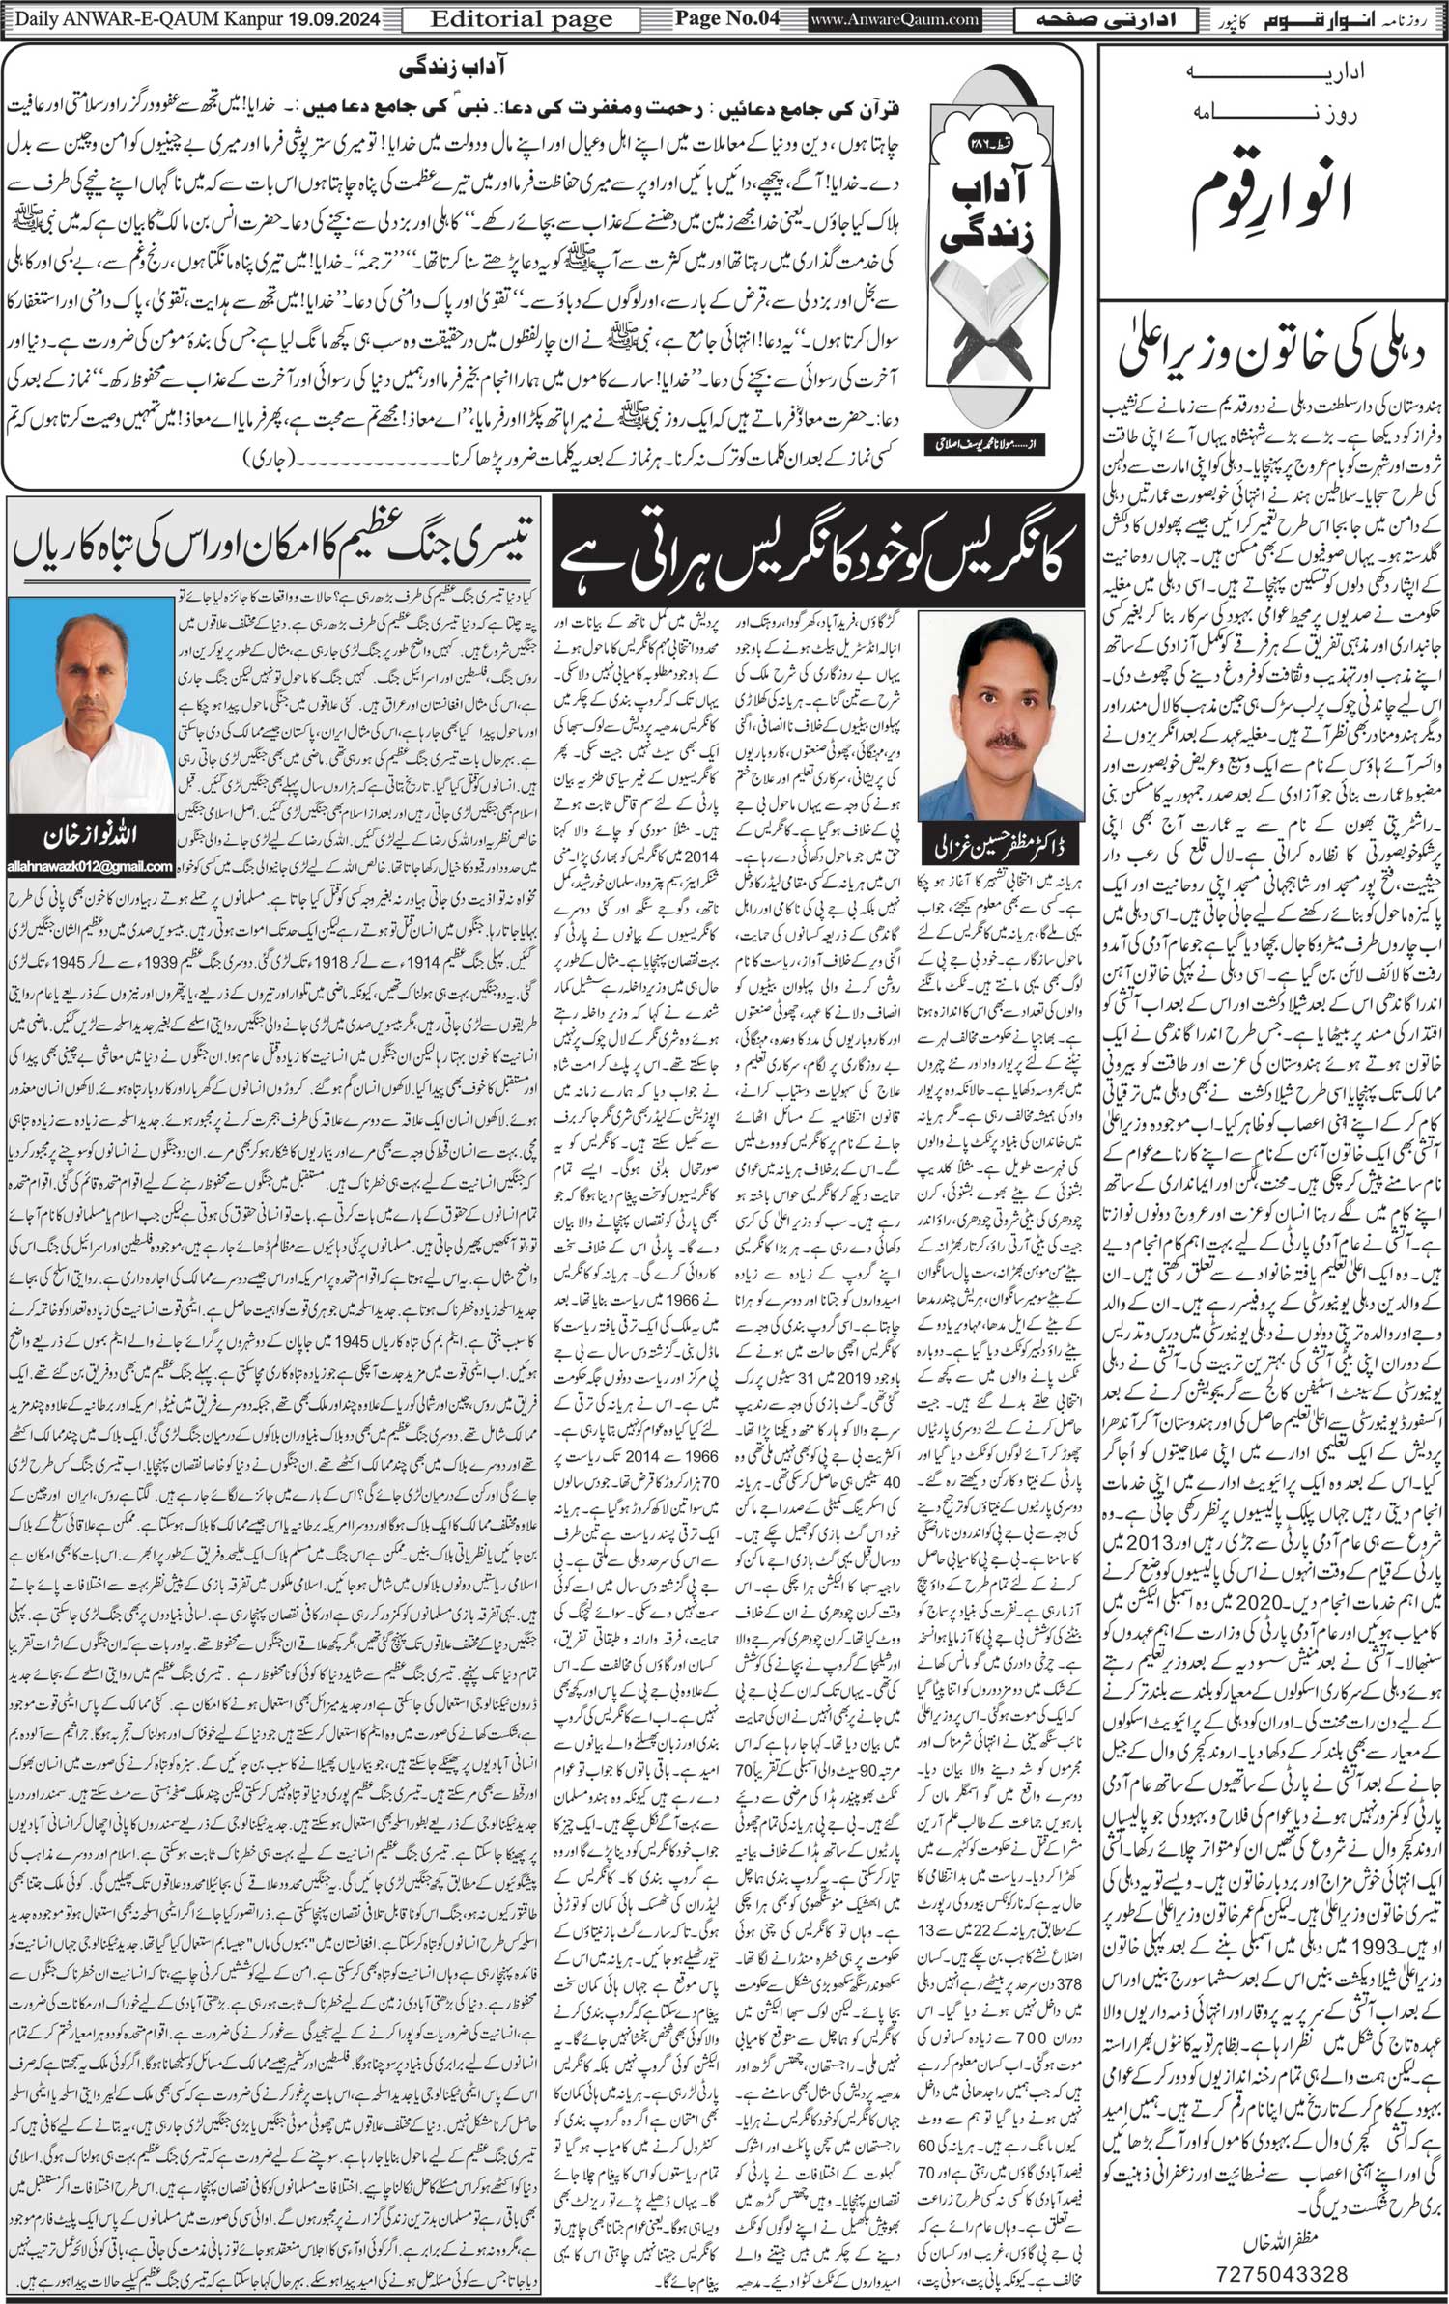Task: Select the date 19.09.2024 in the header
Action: coord(329,18)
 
